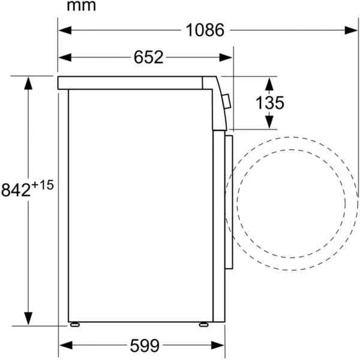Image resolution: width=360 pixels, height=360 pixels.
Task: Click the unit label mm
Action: click(x=81, y=6)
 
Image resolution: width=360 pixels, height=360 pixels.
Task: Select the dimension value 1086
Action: click(x=205, y=30)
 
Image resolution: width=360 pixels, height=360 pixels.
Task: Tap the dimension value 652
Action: click(x=148, y=57)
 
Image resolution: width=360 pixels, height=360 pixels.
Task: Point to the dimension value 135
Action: click(x=269, y=103)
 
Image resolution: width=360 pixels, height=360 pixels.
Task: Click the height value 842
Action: click(x=16, y=190)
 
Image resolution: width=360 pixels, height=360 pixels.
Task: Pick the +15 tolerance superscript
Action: click(x=43, y=185)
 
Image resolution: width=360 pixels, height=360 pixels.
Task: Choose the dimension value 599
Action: click(x=145, y=346)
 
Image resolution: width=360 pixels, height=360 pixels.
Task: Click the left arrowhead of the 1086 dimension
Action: click(x=65, y=30)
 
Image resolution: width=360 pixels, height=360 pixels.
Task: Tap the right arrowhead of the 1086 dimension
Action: click(x=351, y=30)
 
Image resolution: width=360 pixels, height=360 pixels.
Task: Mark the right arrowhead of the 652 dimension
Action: click(x=226, y=58)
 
